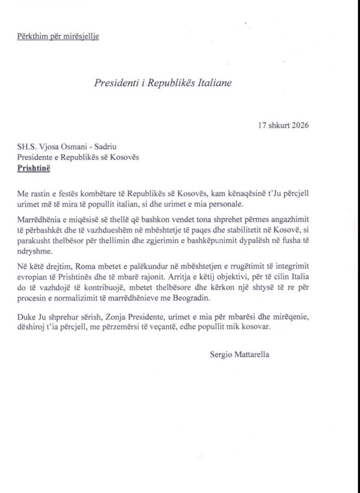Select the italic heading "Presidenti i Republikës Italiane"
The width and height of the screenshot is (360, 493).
(x=163, y=82)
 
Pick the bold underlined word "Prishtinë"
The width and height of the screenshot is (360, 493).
(x=33, y=169)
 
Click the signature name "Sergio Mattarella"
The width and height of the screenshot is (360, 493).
(x=240, y=355)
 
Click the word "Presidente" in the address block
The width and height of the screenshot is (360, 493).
(x=35, y=159)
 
